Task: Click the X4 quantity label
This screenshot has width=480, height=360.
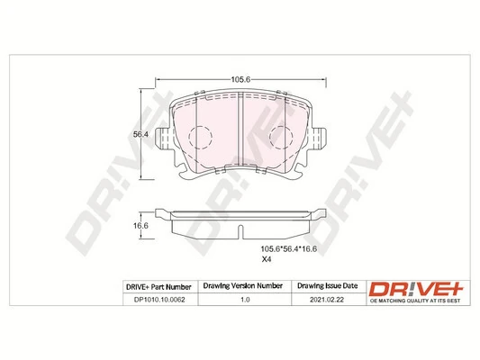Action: (x=266, y=260)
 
